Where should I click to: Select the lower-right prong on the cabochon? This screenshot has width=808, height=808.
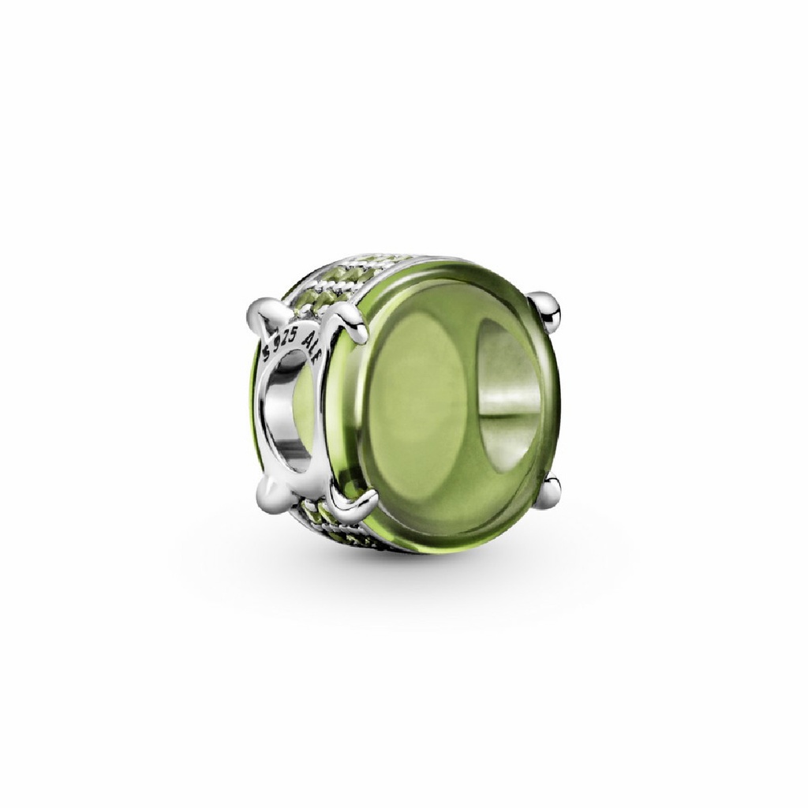pyautogui.click(x=549, y=486)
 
